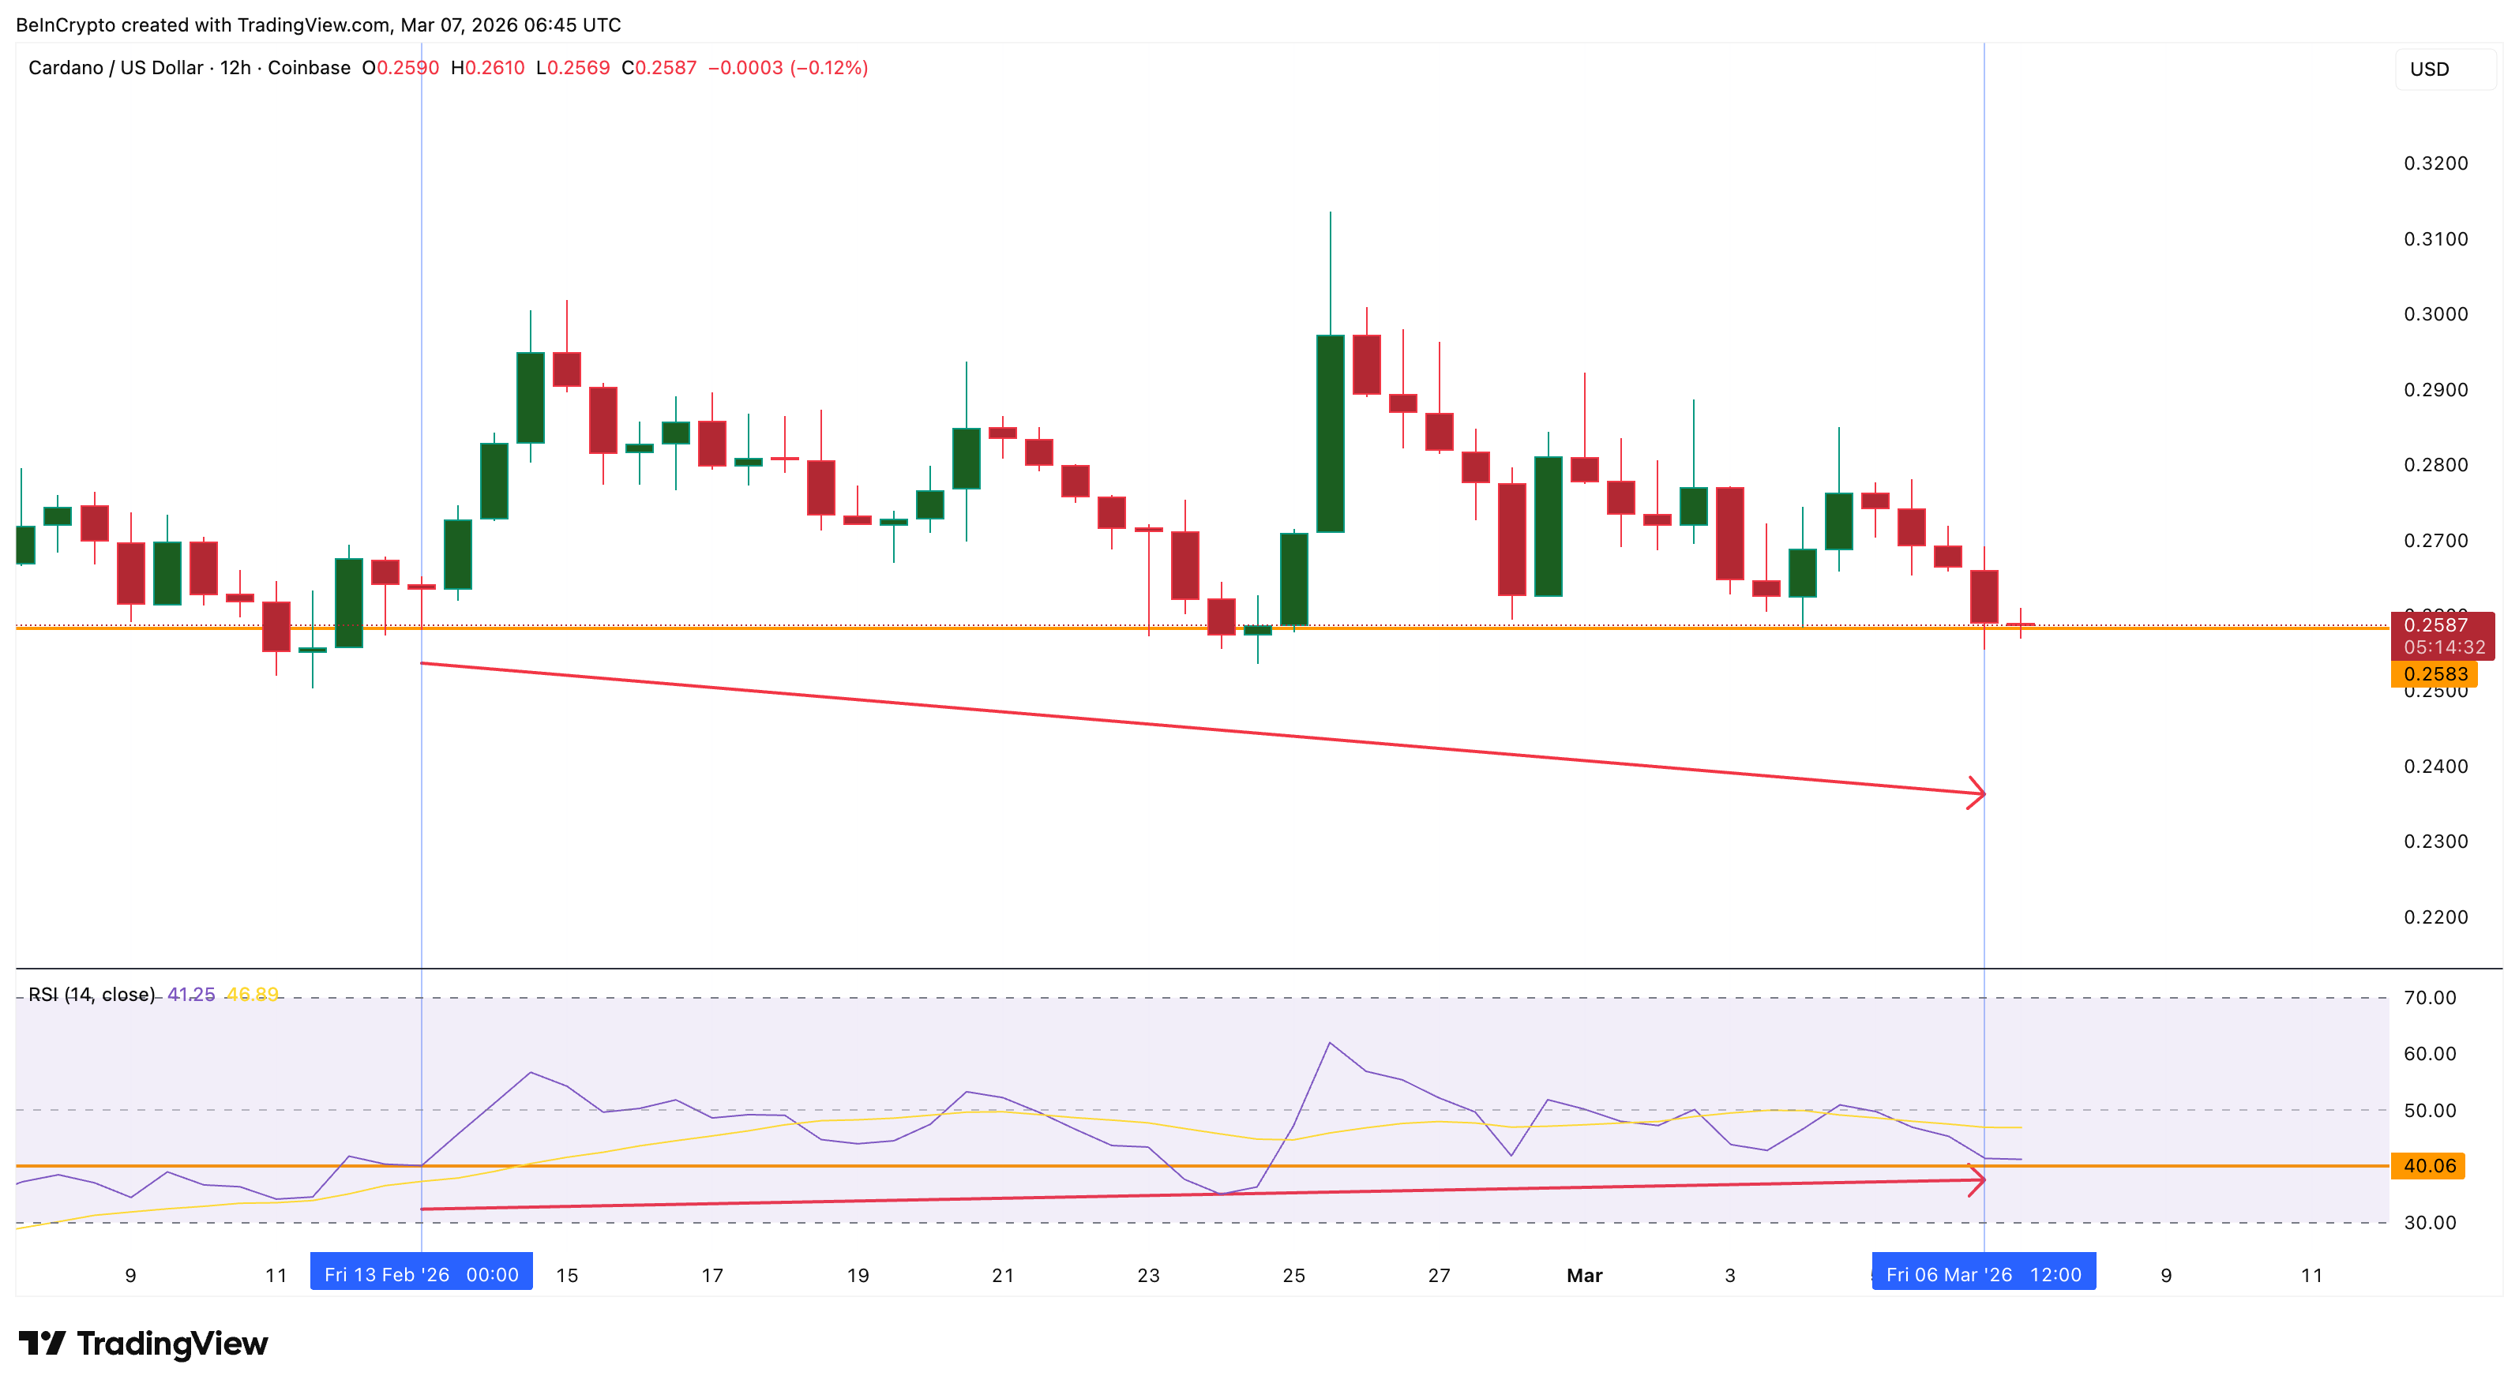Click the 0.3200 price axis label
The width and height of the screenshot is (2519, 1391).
pos(2435,163)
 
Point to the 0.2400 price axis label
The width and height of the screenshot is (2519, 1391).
pos(2435,767)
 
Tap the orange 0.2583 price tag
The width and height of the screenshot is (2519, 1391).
pos(2434,674)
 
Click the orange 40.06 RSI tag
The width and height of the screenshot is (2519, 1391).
pos(2429,1166)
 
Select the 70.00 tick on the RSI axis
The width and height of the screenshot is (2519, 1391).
pos(2429,998)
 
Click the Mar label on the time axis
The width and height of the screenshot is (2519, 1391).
pos(1584,1276)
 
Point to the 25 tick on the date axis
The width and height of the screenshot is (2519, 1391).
pos(1293,1276)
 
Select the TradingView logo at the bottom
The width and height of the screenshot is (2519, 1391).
pos(143,1344)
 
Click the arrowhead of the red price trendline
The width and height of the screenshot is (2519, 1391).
pos(1977,793)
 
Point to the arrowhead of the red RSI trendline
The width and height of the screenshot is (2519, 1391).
pos(1977,1181)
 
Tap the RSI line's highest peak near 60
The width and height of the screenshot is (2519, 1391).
pos(1330,1044)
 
